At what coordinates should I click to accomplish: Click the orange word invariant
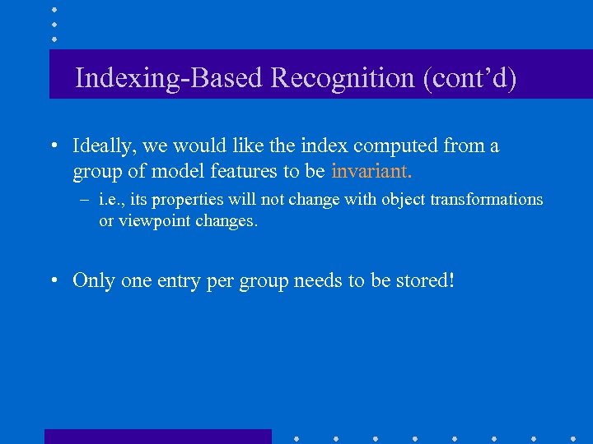click(371, 171)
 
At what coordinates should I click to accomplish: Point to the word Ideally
click(106, 146)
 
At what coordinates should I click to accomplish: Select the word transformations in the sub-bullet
click(486, 199)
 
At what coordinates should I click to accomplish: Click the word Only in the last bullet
click(95, 280)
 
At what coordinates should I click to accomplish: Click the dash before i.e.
click(83, 200)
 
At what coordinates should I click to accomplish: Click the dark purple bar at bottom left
click(157, 436)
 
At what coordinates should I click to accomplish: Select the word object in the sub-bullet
click(399, 200)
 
